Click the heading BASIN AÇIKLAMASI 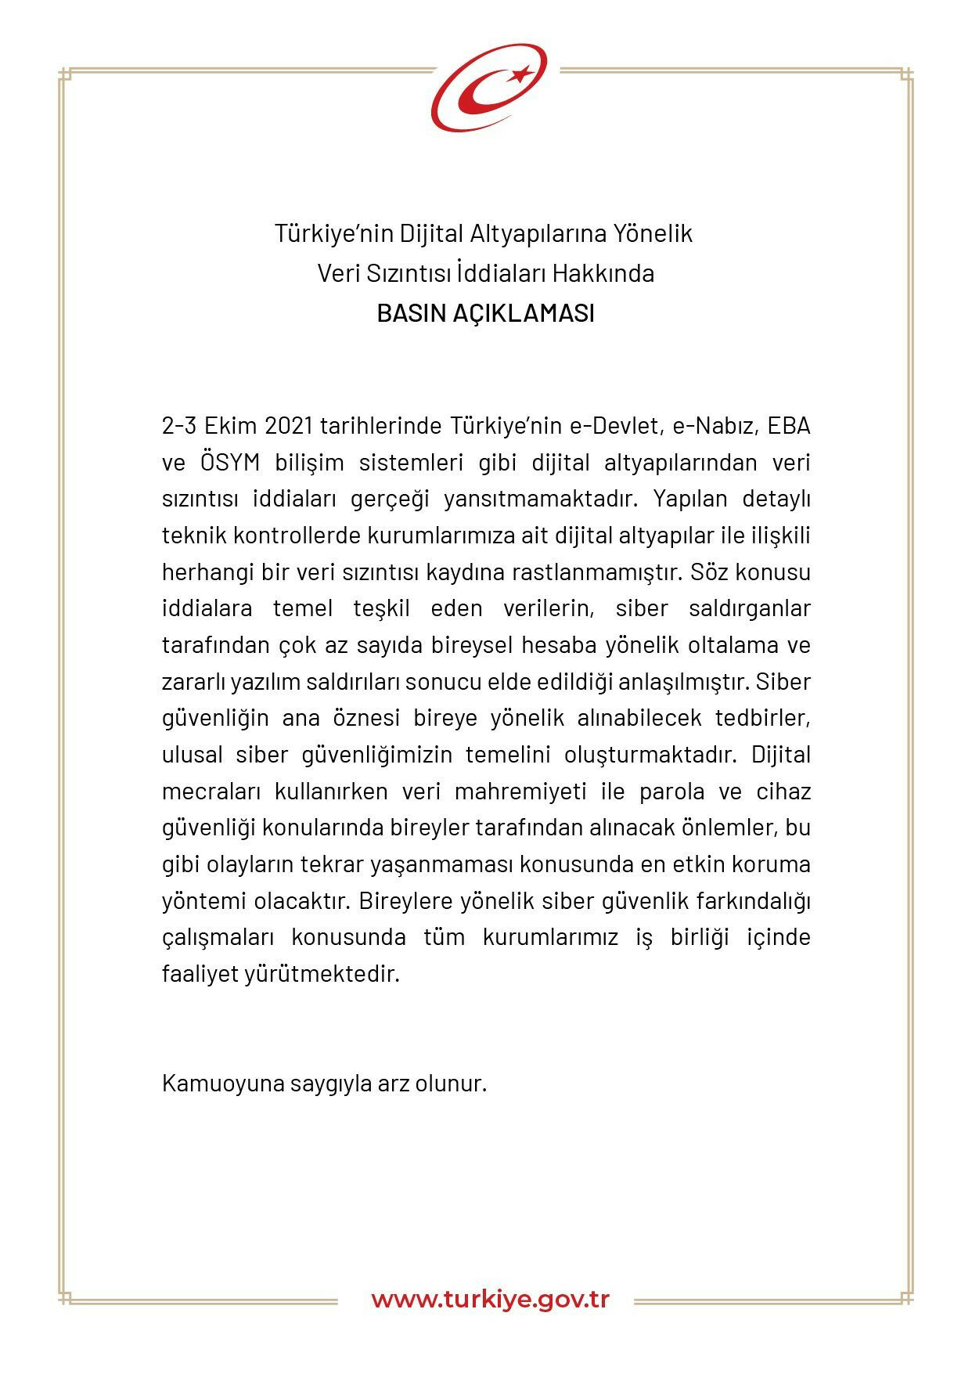coord(485,313)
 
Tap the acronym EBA coord(788,426)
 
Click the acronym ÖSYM coord(229,463)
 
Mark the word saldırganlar coord(749,608)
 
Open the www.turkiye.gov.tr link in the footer coord(490,1300)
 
